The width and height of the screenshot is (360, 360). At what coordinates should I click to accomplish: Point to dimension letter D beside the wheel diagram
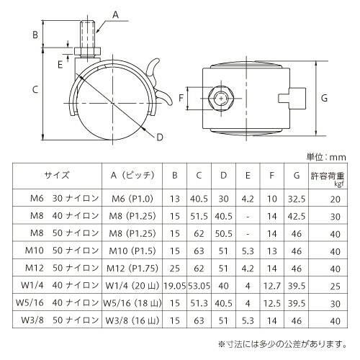point(159,137)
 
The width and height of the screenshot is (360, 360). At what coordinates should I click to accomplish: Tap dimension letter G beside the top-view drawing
point(324,97)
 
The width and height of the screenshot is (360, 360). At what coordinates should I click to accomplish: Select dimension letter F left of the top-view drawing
point(181,97)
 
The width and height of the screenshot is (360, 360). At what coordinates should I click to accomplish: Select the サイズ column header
point(56,174)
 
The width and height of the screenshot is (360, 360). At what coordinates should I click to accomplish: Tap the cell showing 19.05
point(174,284)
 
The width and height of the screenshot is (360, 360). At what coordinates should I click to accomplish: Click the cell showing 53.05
point(199,284)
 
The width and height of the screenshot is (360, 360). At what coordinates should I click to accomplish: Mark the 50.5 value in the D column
point(224,233)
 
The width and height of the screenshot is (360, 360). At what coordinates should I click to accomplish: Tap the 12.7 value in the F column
point(271,284)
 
